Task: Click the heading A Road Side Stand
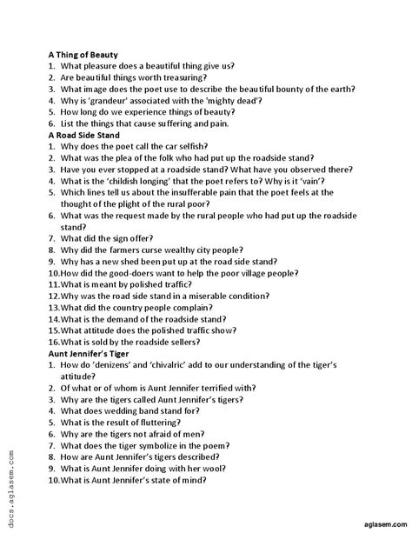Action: point(83,135)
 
